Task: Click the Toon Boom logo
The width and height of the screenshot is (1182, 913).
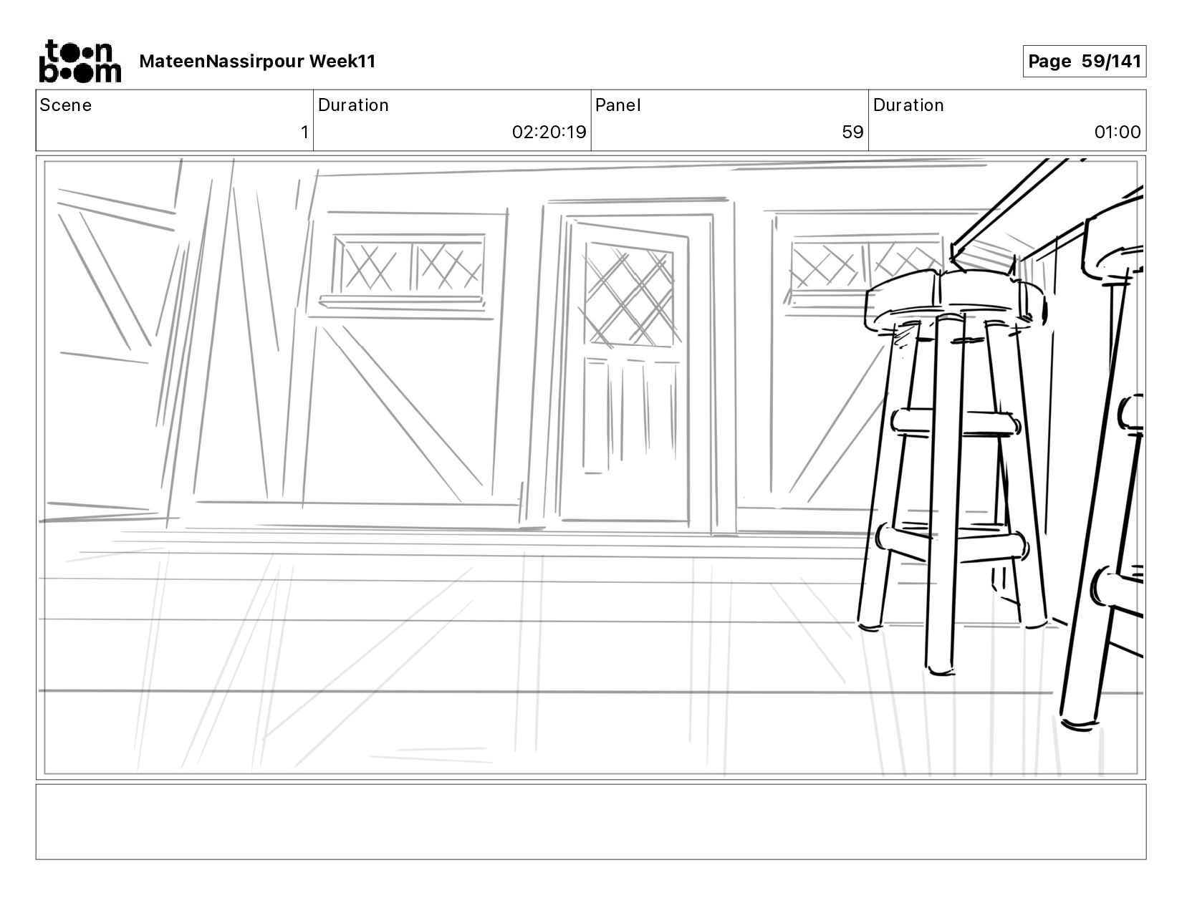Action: (x=80, y=62)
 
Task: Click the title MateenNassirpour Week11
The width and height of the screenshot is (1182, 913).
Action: (x=257, y=62)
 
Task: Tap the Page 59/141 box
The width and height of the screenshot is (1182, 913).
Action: (x=1084, y=62)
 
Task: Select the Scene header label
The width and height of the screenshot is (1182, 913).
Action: (x=66, y=105)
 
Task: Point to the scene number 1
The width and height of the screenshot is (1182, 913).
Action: (x=304, y=132)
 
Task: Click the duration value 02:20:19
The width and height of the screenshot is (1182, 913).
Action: (x=549, y=132)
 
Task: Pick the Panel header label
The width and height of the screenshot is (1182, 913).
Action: (x=618, y=105)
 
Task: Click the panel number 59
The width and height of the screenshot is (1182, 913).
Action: (x=852, y=132)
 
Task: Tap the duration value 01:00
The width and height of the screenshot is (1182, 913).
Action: (x=1117, y=132)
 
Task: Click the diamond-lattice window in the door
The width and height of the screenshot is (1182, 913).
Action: (x=629, y=296)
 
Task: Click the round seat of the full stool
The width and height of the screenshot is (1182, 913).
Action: (x=953, y=297)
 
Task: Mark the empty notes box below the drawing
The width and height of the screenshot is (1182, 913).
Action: (x=590, y=821)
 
